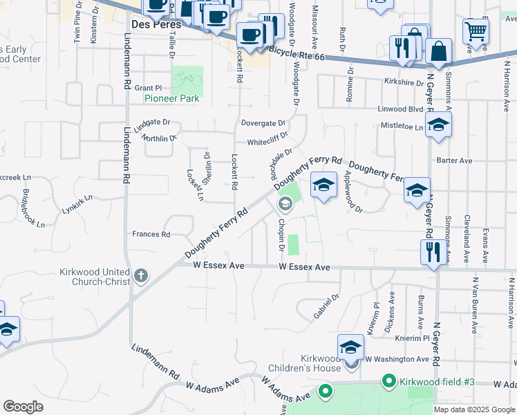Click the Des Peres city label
coord(156,24)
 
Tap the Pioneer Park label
coord(171,98)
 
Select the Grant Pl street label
coord(147,88)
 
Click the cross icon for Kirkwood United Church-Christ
coord(141,277)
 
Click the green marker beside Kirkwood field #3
coord(388,381)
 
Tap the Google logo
coord(23,407)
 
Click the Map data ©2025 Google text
coord(474,409)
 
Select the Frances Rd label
coord(151,234)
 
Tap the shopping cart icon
coord(476,30)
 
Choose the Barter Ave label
coord(454,160)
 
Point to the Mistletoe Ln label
coord(402,127)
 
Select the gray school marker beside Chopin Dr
coord(285,205)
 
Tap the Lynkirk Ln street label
coord(76,207)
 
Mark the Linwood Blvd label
coord(399,109)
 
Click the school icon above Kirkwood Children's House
coord(350,347)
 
